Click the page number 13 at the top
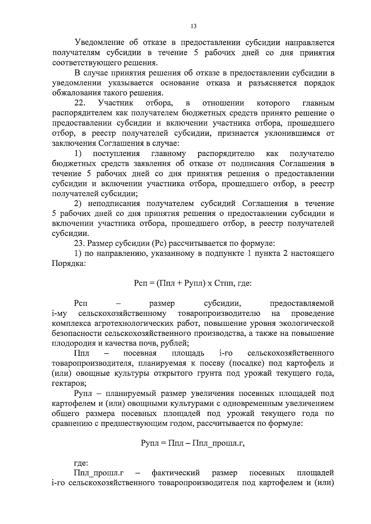194,26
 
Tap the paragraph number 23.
79,244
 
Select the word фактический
176,473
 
